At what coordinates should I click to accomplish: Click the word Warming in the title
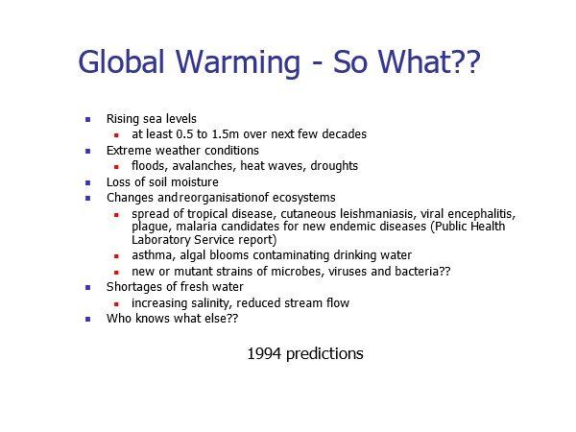[238, 61]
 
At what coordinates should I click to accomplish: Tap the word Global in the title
[121, 61]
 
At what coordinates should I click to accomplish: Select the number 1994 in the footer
[264, 353]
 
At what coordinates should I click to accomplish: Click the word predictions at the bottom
[324, 354]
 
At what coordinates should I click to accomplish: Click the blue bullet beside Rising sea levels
[87, 119]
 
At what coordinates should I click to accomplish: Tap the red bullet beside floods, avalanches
[116, 167]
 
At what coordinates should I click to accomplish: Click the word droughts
[334, 166]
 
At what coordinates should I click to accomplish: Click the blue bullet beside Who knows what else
[87, 319]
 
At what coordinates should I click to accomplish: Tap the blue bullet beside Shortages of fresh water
[87, 287]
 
